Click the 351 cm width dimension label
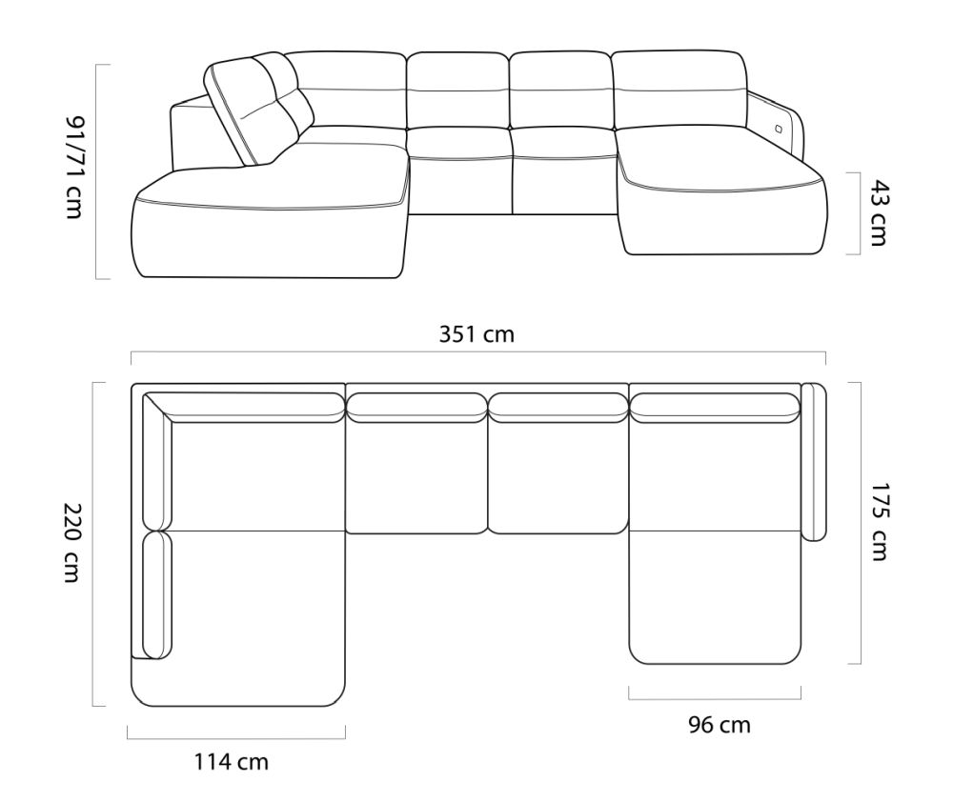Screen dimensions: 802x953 (x=476, y=334)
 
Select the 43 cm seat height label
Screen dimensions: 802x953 (x=878, y=212)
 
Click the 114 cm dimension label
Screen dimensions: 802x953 (x=231, y=761)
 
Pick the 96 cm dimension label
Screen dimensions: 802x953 (x=720, y=725)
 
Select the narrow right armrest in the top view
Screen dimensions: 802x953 (x=813, y=461)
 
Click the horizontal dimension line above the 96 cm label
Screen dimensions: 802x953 (x=715, y=689)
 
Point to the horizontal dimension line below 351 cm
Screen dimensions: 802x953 (x=476, y=353)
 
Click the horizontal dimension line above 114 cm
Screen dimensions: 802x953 (x=235, y=735)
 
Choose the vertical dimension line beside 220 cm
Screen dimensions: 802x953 (x=93, y=543)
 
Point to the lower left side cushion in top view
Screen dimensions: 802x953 (x=157, y=595)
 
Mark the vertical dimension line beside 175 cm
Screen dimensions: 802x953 (x=860, y=522)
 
